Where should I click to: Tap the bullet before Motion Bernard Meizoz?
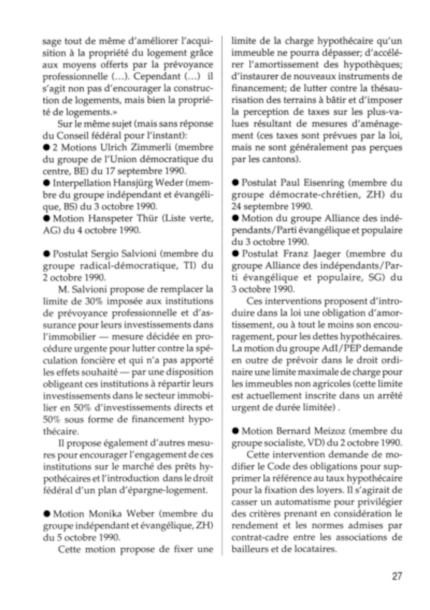pyautogui.click(x=235, y=431)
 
